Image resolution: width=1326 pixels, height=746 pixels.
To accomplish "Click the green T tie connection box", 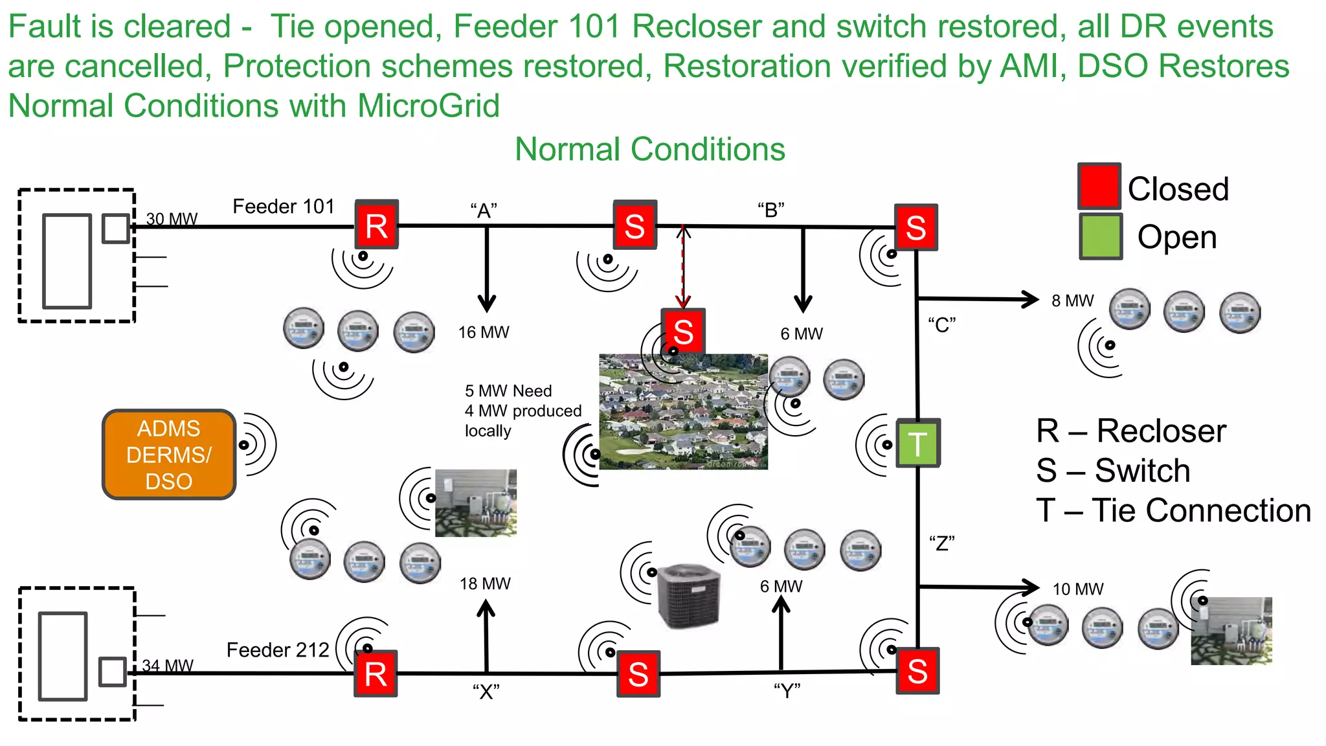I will pos(917,444).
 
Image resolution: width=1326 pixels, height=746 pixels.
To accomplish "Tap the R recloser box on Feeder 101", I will pos(376,225).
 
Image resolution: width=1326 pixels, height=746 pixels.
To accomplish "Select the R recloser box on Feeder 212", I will pos(376,673).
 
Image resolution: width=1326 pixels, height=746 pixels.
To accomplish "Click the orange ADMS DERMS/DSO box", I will pos(168,455).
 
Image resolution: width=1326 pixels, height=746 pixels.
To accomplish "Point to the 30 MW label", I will pos(172,219).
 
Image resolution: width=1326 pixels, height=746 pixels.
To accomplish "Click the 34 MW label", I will pos(168,666).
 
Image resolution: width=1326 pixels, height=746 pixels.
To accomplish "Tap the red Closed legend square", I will pos(1099,186).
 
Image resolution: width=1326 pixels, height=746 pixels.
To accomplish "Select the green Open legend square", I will pos(1100,237).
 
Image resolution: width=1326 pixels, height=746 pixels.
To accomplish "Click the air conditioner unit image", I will pos(688,596).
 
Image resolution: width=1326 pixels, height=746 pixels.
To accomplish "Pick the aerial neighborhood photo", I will pos(683,412).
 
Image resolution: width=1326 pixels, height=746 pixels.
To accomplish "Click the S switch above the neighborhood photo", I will pos(683,331).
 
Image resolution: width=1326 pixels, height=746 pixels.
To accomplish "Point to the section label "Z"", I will pos(941,543).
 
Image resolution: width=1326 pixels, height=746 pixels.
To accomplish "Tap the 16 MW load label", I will pos(484,332).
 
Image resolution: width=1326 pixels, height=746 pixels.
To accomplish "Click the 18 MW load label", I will pos(485,583).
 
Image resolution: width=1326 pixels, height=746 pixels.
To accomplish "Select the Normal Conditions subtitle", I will pos(649,149).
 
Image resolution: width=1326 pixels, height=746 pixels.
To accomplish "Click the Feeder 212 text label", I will pos(278,650).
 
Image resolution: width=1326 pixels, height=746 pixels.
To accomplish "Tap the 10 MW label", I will pos(1077,589).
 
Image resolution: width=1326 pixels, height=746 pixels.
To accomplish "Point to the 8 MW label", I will pos(1072,301).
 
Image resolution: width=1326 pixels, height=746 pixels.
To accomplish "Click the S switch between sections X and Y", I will pos(638,673).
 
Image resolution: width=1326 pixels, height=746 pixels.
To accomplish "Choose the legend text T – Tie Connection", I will pos(1173,510).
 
